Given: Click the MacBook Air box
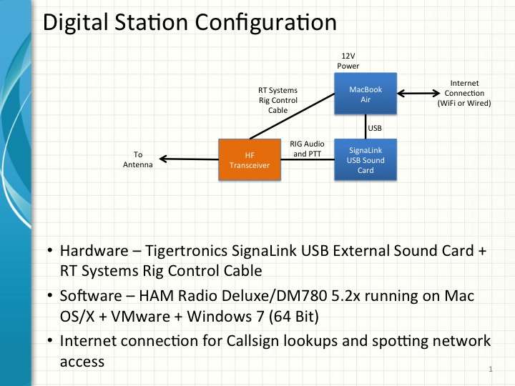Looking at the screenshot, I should (366, 95).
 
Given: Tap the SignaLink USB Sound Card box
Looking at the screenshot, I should (366, 160).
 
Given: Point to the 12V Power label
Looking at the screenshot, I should (348, 61).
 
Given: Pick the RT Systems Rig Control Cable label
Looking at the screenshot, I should (278, 101).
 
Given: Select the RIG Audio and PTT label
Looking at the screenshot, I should (308, 148).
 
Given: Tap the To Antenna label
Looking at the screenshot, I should (139, 158).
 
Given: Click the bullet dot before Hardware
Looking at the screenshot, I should (50, 252).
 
